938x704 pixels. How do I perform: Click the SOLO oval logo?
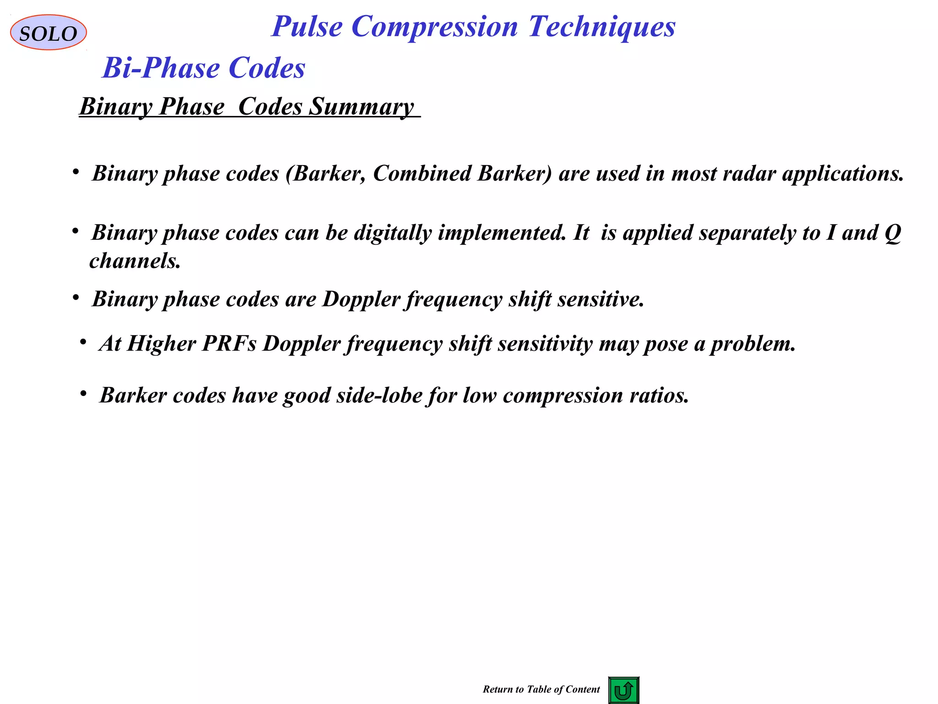[x=48, y=33]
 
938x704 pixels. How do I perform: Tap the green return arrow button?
[x=623, y=690]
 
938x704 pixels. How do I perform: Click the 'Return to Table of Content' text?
[x=541, y=689]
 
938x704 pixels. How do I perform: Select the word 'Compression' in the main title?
[x=435, y=27]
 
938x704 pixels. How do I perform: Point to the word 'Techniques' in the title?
[x=602, y=27]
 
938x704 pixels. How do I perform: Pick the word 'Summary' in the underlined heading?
[x=361, y=107]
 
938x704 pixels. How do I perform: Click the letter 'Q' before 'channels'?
[x=893, y=233]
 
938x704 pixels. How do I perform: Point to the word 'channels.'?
[x=135, y=261]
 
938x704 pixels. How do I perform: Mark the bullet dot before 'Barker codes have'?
[x=83, y=394]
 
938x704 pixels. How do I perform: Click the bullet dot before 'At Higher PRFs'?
[x=83, y=342]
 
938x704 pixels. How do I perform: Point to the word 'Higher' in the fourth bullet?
[x=161, y=344]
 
